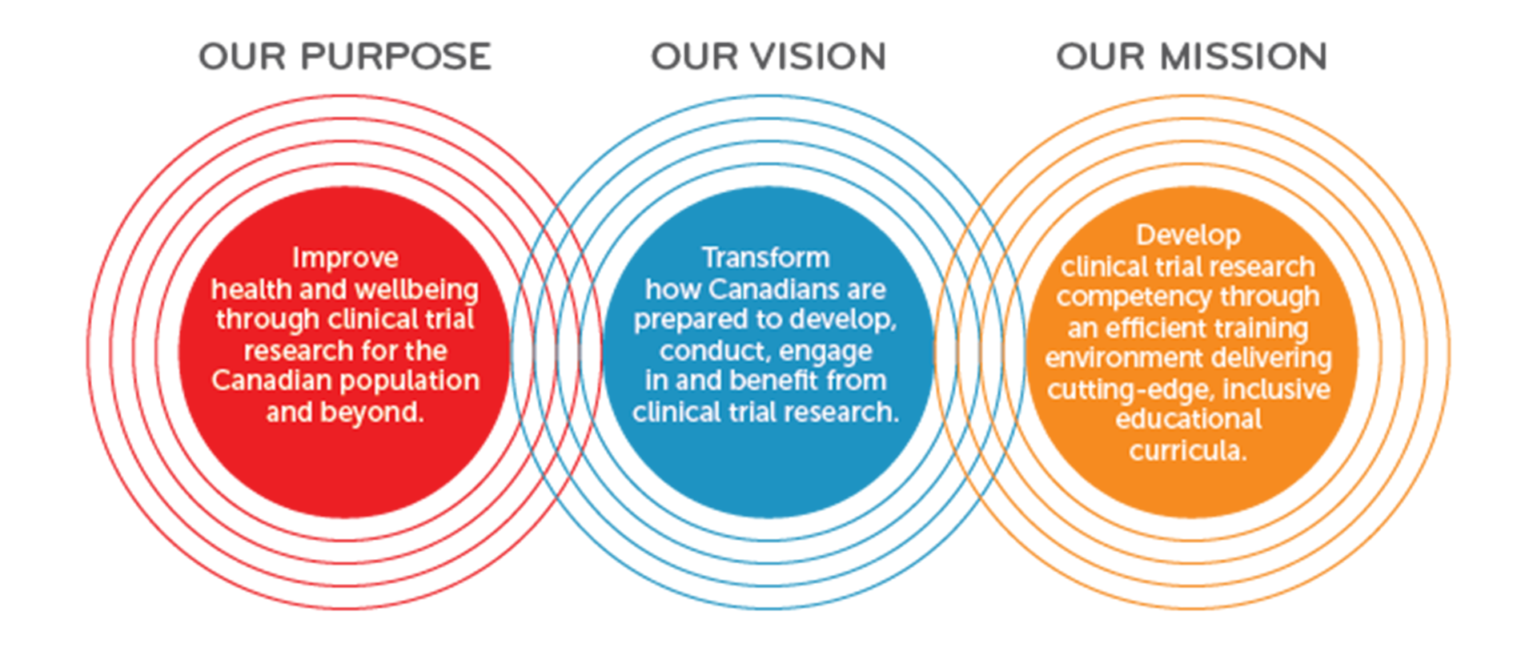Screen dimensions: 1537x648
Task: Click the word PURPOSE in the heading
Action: pyautogui.click(x=396, y=57)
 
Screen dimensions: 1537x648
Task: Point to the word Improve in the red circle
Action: pyautogui.click(x=345, y=258)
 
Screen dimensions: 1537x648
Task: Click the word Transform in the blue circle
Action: pyautogui.click(x=766, y=258)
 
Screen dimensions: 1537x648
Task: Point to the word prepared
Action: pyautogui.click(x=688, y=320)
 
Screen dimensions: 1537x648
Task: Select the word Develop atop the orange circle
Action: pyautogui.click(x=1188, y=235)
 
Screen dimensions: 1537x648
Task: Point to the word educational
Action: pyautogui.click(x=1189, y=419)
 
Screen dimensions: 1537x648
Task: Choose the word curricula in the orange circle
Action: pyautogui.click(x=1185, y=451)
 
